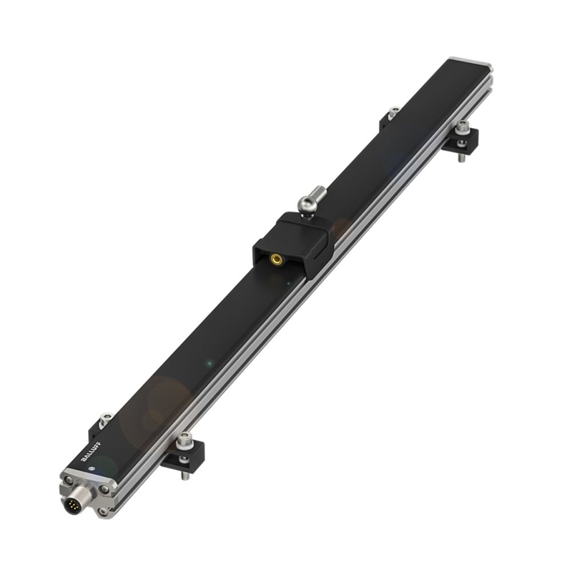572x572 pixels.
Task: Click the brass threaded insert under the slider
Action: (275, 260)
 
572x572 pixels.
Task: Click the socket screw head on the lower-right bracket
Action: (184, 439)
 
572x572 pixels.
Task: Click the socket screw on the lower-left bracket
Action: (106, 419)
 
